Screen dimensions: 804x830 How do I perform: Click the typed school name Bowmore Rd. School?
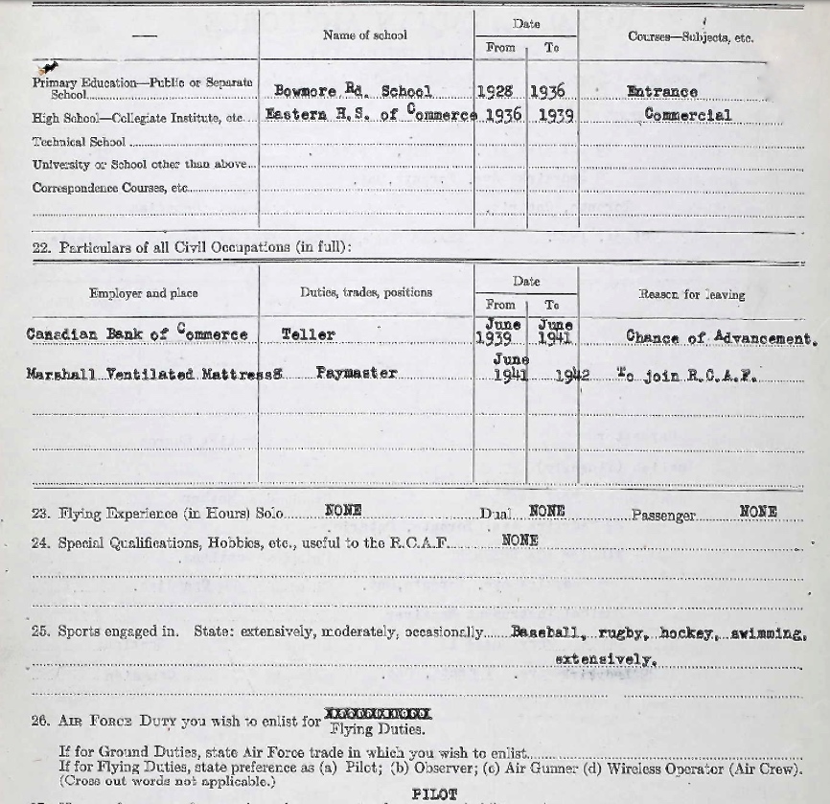tap(353, 92)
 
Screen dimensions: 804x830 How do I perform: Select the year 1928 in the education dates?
tap(495, 92)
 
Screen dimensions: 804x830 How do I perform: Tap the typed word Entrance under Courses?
tap(661, 92)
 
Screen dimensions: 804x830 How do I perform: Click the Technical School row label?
tap(79, 142)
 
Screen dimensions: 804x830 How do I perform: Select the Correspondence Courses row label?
tap(110, 188)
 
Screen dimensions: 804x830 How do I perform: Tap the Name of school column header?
tap(364, 35)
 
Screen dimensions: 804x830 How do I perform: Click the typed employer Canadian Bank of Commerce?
tap(137, 335)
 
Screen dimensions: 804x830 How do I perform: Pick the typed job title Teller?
tap(309, 335)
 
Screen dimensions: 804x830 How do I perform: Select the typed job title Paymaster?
tap(356, 374)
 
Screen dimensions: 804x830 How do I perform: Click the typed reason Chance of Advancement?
tap(721, 337)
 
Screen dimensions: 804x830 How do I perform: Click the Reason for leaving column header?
tap(691, 294)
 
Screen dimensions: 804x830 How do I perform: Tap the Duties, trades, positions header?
tap(365, 292)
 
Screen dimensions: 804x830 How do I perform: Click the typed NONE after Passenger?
tap(758, 512)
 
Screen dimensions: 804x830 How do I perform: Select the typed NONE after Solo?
tap(343, 510)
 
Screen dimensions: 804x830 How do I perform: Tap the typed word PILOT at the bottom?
tap(434, 794)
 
